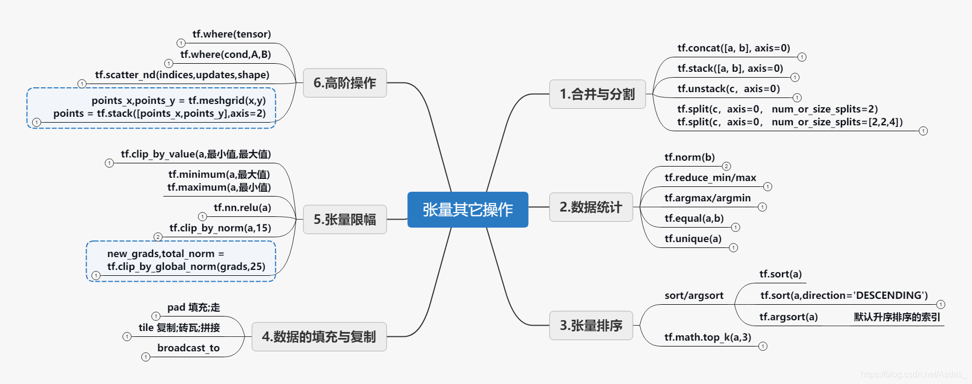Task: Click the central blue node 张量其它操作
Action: point(467,209)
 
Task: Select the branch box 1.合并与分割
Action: point(597,94)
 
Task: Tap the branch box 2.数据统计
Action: point(591,207)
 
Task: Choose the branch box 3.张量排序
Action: point(591,326)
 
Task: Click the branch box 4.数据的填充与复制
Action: point(319,337)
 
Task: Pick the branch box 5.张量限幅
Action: point(345,220)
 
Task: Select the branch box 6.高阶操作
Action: point(345,83)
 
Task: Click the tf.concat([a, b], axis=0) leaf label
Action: point(733,48)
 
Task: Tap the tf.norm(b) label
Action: point(689,157)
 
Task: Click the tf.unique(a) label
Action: point(693,239)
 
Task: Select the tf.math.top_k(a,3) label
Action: point(708,337)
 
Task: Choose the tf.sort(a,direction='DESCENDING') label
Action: point(844,296)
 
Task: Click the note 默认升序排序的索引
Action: point(897,317)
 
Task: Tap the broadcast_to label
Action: point(188,348)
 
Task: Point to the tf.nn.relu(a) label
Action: point(242,208)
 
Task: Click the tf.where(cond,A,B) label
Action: point(225,55)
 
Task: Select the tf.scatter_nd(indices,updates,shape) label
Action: point(182,75)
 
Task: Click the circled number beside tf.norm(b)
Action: point(726,166)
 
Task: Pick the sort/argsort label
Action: point(694,296)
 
